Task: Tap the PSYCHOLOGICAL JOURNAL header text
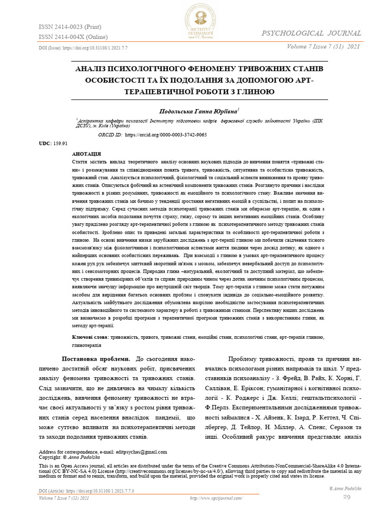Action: (310, 33)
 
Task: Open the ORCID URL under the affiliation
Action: (166, 135)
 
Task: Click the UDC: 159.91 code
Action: (53, 144)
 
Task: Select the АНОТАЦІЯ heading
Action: (87, 153)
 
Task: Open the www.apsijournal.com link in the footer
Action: (216, 498)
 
